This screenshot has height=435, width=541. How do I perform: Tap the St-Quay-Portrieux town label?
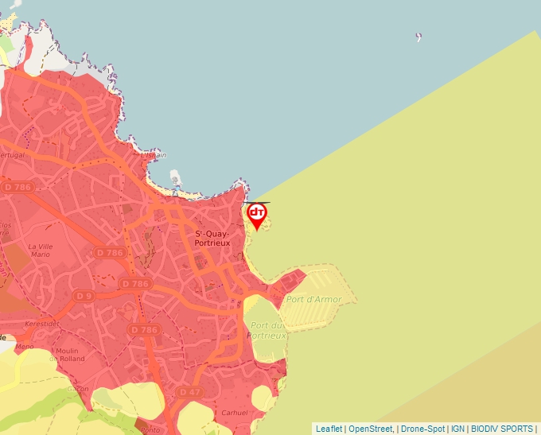[x=212, y=238]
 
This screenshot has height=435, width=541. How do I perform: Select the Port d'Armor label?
[x=314, y=300]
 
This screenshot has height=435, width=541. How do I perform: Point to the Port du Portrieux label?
[x=267, y=331]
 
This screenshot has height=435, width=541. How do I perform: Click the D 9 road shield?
[x=84, y=296]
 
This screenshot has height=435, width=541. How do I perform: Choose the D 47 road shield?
[x=190, y=392]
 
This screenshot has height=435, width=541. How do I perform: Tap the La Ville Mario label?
[x=40, y=251]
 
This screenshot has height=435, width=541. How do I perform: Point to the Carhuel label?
[x=235, y=414]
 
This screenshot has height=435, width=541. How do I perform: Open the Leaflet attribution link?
[x=329, y=429]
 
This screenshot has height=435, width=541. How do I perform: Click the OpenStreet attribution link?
[x=371, y=429]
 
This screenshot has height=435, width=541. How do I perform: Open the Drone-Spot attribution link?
[x=422, y=429]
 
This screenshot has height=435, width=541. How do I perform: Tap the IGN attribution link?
[x=457, y=429]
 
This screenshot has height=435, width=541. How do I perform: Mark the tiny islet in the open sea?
[x=418, y=37]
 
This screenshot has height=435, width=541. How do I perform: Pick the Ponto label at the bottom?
[x=150, y=430]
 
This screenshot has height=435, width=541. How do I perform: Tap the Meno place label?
[x=25, y=347]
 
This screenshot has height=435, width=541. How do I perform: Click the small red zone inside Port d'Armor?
[x=291, y=284]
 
